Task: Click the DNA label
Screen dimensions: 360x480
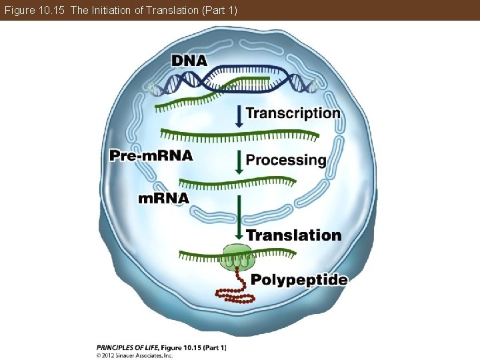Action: (189, 60)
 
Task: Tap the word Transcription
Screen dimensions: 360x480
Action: (293, 113)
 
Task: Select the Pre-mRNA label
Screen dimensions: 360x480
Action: (151, 156)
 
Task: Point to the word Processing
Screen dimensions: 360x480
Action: (286, 160)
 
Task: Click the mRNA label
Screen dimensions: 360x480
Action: (163, 198)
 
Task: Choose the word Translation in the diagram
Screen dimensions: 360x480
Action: (293, 235)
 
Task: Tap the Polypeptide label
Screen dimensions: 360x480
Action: (299, 280)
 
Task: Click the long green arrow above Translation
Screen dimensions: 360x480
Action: (239, 217)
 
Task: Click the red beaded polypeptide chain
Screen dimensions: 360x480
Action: (231, 293)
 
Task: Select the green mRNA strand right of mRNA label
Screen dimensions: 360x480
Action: (237, 181)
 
